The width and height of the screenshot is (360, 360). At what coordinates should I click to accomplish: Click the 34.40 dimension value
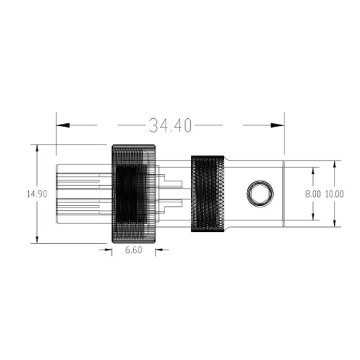click(x=170, y=125)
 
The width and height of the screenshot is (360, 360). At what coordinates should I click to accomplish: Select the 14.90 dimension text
click(x=37, y=194)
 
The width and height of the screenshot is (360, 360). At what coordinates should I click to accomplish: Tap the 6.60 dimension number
click(x=134, y=250)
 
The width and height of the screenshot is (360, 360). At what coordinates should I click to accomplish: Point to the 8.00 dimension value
click(x=313, y=194)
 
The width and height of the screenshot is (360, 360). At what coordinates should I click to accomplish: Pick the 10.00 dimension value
click(x=334, y=194)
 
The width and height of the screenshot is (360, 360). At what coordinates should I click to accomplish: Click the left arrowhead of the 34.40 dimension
click(x=63, y=125)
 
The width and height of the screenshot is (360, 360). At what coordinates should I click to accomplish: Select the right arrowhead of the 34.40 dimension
click(x=277, y=125)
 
